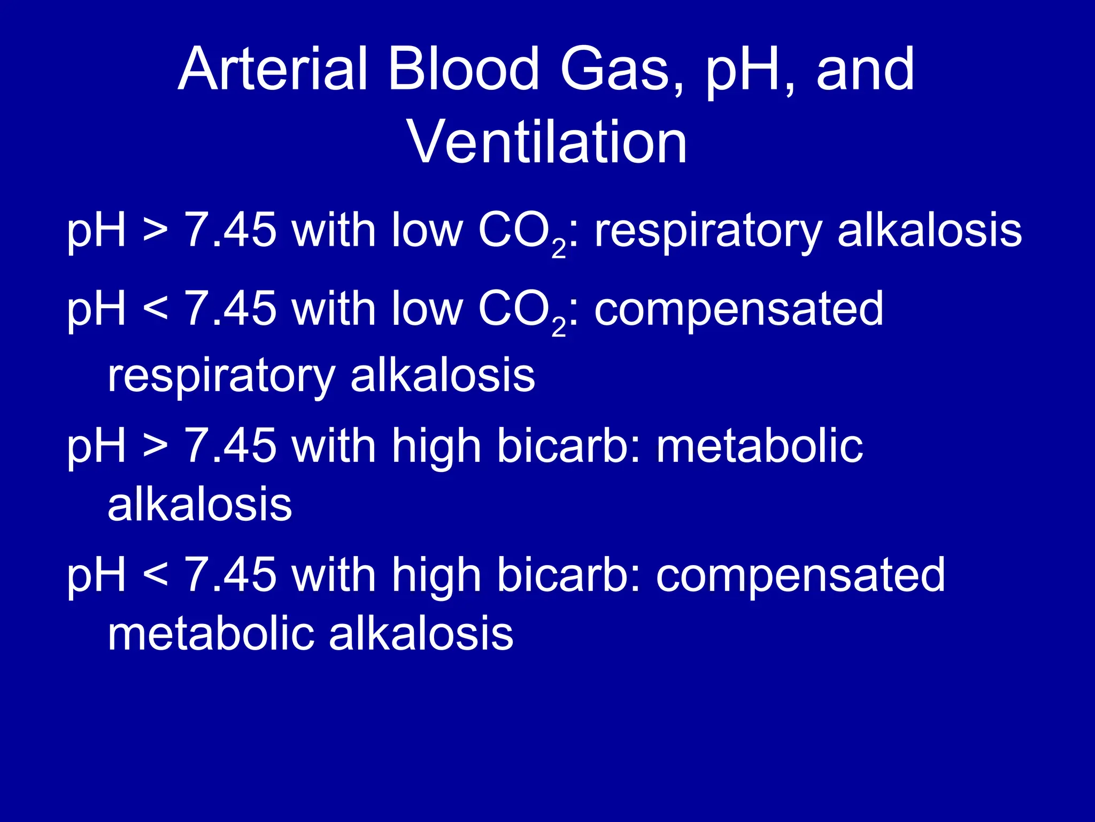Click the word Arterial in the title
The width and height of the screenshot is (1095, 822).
(273, 70)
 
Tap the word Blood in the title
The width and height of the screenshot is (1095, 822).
(463, 70)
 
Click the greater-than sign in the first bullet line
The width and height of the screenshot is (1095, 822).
(156, 230)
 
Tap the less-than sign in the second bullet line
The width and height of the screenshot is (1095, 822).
(156, 309)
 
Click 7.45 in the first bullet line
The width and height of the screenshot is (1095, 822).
(230, 230)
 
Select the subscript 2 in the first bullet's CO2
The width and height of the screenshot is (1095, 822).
(558, 249)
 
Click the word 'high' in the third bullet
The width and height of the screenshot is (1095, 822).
(436, 447)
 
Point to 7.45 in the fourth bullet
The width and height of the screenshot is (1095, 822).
(230, 575)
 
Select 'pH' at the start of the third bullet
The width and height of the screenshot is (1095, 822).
(96, 447)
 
